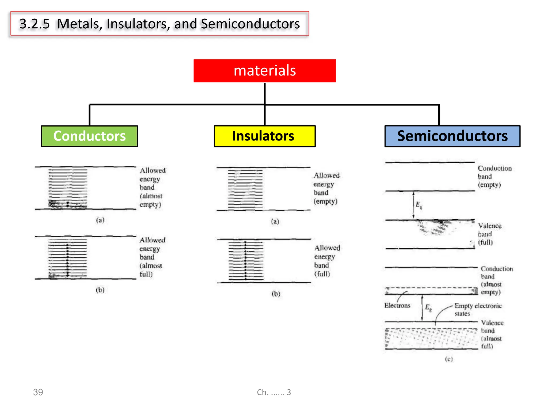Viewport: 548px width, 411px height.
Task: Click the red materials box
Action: click(x=264, y=71)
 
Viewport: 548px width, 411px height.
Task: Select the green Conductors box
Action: click(x=89, y=136)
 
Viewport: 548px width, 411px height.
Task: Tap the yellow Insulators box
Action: click(x=264, y=136)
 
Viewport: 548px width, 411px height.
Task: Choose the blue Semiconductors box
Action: click(x=452, y=136)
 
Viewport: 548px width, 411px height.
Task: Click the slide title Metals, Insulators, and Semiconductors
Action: click(x=160, y=24)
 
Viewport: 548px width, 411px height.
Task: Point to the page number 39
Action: click(x=38, y=392)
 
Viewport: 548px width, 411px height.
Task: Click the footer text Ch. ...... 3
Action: click(x=274, y=392)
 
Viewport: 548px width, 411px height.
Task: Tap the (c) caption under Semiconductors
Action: click(x=449, y=359)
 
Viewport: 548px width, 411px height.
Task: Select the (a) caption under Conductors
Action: click(x=100, y=220)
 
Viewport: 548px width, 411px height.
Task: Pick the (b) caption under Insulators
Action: click(x=276, y=294)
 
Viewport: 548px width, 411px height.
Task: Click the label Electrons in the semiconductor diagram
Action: click(x=397, y=305)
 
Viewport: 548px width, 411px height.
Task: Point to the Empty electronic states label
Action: click(x=478, y=309)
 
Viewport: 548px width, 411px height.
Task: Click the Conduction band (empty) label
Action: click(x=494, y=176)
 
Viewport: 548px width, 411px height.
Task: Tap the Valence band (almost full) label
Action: click(x=492, y=334)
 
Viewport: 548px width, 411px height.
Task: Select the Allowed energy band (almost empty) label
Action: click(x=152, y=187)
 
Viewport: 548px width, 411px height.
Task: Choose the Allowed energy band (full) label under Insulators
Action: click(x=327, y=261)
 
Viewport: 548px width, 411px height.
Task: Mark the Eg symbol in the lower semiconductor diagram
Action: click(x=428, y=308)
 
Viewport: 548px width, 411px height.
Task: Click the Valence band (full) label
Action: click(x=489, y=234)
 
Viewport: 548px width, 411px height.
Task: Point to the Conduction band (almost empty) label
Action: click(x=497, y=280)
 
